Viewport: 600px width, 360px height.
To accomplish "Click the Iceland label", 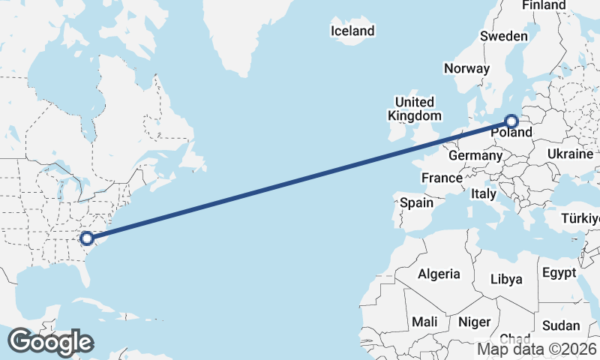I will click(x=352, y=31).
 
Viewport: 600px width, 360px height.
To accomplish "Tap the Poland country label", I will click(x=512, y=133).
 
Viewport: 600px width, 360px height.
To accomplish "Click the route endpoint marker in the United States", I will click(x=87, y=238).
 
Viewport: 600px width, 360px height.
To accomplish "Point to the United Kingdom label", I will click(x=414, y=109).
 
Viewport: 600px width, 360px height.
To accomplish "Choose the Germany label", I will click(x=475, y=156).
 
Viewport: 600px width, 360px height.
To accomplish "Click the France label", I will click(x=441, y=178).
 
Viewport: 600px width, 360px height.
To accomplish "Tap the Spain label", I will click(x=416, y=202).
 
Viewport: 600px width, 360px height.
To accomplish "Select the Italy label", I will click(x=484, y=193).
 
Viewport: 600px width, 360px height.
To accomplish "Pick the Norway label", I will click(x=466, y=68).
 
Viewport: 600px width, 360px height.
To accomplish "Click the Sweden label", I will click(x=504, y=36).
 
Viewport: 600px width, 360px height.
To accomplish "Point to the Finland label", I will click(x=544, y=5).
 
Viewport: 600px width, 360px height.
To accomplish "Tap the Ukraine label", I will click(x=570, y=154).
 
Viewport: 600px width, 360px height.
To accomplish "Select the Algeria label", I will click(x=439, y=274).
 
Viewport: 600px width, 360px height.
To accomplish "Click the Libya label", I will click(x=506, y=279).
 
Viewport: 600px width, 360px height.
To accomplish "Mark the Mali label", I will click(x=424, y=322).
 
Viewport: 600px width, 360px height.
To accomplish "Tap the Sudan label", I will click(x=561, y=325).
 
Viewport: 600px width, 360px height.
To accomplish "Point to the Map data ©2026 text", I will click(x=538, y=349).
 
